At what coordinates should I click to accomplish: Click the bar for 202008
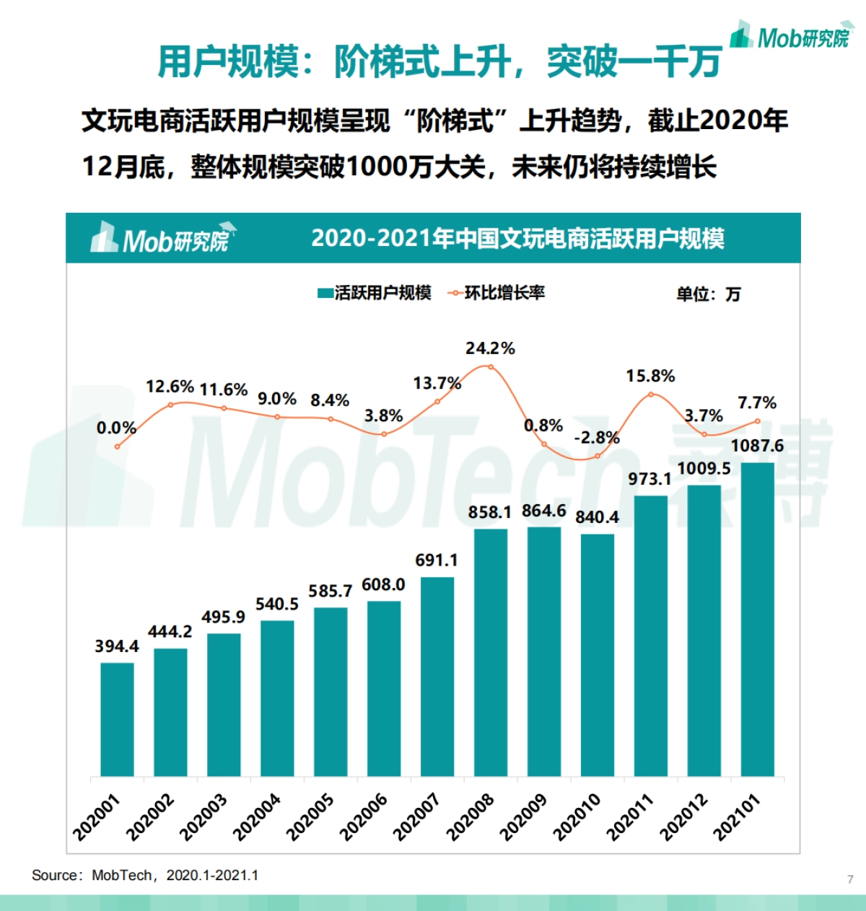pyautogui.click(x=490, y=652)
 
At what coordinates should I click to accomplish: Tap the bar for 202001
pyautogui.click(x=117, y=719)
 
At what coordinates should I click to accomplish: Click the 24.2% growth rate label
pyautogui.click(x=490, y=348)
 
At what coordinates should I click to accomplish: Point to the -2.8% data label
pyautogui.click(x=596, y=438)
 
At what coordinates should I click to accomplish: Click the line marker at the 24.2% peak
pyautogui.click(x=491, y=366)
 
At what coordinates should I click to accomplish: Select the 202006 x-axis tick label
pyautogui.click(x=364, y=817)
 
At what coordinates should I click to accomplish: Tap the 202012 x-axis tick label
pyautogui.click(x=684, y=817)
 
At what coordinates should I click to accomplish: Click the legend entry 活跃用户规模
pyautogui.click(x=375, y=293)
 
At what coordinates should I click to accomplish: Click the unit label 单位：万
pyautogui.click(x=708, y=294)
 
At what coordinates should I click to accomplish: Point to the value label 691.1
pyautogui.click(x=436, y=560)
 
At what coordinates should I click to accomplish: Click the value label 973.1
pyautogui.click(x=649, y=479)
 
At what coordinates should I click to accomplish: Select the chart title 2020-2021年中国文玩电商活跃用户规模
pyautogui.click(x=517, y=239)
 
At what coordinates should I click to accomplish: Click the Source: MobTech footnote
pyautogui.click(x=145, y=876)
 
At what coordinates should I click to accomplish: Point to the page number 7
pyautogui.click(x=850, y=879)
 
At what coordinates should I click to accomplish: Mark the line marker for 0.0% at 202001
pyautogui.click(x=117, y=446)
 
